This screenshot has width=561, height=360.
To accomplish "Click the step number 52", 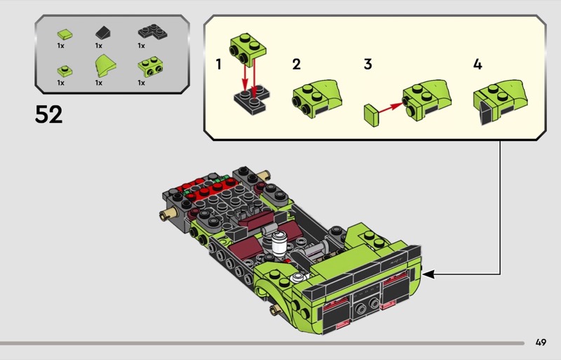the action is [x=48, y=114].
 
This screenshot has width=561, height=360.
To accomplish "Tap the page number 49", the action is [x=541, y=342].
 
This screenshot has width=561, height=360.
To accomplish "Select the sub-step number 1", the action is [x=218, y=65].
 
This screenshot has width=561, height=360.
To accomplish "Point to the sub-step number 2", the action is [x=296, y=65].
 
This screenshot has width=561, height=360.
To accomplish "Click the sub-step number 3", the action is [x=367, y=65].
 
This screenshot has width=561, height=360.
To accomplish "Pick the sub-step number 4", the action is [x=478, y=65].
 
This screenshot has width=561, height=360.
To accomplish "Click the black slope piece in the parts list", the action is [x=103, y=33].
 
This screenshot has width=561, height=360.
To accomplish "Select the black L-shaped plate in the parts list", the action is [x=152, y=32].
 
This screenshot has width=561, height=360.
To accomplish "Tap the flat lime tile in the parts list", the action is [x=65, y=34].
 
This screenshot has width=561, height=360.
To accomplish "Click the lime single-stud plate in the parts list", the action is [x=65, y=71].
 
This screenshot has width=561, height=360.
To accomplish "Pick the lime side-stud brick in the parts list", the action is [x=151, y=67].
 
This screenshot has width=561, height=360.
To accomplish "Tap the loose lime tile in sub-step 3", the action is [x=372, y=115].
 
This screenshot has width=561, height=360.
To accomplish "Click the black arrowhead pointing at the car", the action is [x=428, y=274].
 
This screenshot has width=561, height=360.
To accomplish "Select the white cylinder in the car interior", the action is [x=279, y=243].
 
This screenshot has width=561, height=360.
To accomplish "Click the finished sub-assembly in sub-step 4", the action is [x=500, y=102].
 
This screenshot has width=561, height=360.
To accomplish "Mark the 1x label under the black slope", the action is [x=99, y=46].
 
